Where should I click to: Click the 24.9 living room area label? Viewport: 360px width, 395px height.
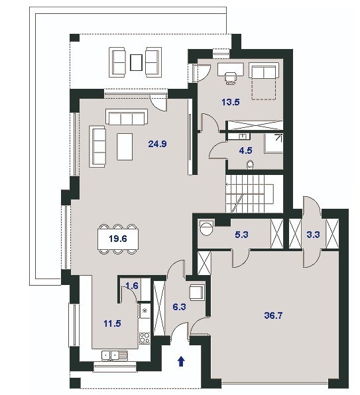pyautogui.click(x=157, y=144)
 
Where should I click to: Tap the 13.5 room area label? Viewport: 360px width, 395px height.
pyautogui.click(x=231, y=102)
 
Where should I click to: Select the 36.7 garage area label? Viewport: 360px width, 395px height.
pyautogui.click(x=273, y=315)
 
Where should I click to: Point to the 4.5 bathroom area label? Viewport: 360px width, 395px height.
pyautogui.click(x=245, y=150)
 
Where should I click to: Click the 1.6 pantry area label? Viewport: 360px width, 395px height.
pyautogui.click(x=132, y=286)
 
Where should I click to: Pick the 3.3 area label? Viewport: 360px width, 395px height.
pyautogui.click(x=313, y=235)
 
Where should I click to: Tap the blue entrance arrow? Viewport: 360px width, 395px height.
pyautogui.click(x=181, y=361)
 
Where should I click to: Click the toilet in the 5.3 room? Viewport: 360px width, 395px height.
pyautogui.click(x=206, y=228)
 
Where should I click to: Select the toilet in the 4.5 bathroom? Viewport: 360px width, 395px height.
pyautogui.click(x=250, y=164)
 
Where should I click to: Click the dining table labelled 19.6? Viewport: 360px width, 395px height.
pyautogui.click(x=118, y=239)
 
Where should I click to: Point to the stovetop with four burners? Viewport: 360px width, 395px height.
pyautogui.click(x=145, y=338)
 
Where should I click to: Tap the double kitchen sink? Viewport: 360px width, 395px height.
pyautogui.click(x=115, y=355)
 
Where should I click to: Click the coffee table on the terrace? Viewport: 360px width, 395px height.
pyautogui.click(x=137, y=62)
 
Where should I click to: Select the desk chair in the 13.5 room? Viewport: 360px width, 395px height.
pyautogui.click(x=231, y=78)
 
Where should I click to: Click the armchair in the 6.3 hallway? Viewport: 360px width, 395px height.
pyautogui.click(x=196, y=292)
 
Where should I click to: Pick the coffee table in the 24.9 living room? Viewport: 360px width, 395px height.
pyautogui.click(x=125, y=146)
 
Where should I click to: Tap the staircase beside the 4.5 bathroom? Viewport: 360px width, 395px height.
pyautogui.click(x=250, y=194)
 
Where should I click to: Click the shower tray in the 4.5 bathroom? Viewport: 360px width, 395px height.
pyautogui.click(x=274, y=143)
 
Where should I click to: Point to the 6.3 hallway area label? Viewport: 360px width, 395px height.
pyautogui.click(x=179, y=307)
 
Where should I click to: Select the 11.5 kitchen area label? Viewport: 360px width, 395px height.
pyautogui.click(x=112, y=323)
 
